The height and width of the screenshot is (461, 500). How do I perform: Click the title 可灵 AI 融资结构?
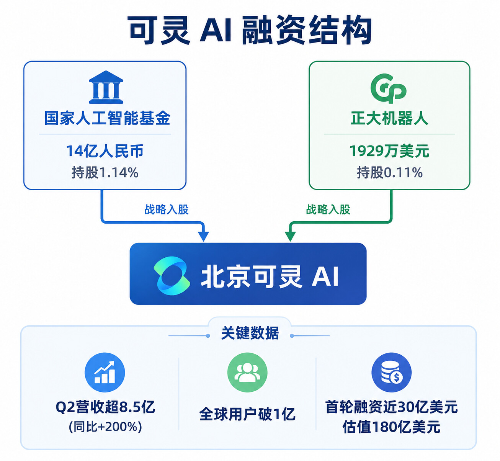point(250,30)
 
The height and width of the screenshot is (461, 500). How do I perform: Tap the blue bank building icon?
point(106,87)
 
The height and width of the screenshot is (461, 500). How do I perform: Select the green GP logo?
point(389,88)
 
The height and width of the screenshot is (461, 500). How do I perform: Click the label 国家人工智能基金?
point(107,118)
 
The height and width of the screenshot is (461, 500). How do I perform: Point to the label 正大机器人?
point(389,118)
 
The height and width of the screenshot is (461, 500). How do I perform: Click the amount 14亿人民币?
point(105,151)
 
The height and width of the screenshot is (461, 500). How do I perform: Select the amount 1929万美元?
point(389,151)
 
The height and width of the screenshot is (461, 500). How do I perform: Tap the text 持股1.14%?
point(105,173)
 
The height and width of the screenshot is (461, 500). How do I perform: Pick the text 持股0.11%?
point(389,173)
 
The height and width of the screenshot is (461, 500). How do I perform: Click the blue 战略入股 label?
point(167,209)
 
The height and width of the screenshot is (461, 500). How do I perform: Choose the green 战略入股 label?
point(328,209)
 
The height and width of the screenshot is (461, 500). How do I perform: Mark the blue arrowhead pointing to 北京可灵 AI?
point(203,236)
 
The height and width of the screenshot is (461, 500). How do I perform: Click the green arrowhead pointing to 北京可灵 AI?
point(290,236)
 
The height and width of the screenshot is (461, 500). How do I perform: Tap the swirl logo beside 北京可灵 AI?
point(172,276)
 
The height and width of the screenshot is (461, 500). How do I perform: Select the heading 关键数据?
point(250,333)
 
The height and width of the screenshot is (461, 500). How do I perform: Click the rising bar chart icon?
point(105,372)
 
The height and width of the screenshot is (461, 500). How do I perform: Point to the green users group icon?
point(247,372)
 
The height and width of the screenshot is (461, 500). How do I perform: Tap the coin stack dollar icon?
point(392,372)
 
